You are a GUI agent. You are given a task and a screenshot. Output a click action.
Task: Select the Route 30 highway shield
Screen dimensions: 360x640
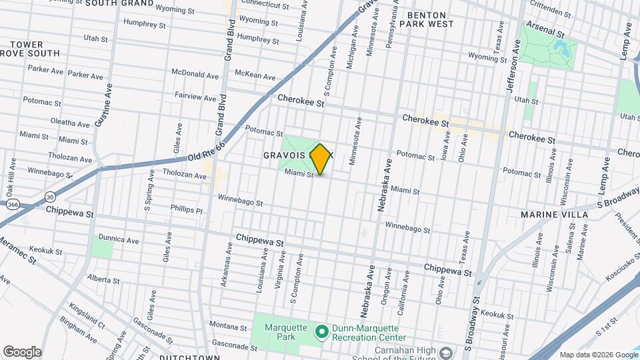pyautogui.click(x=51, y=196)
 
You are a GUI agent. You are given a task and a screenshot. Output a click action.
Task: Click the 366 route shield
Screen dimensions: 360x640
pyautogui.click(x=13, y=208)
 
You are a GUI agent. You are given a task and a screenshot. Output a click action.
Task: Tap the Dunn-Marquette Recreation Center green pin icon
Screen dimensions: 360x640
pyautogui.click(x=321, y=331)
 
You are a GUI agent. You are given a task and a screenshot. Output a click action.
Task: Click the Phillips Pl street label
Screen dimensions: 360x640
pyautogui.click(x=185, y=209)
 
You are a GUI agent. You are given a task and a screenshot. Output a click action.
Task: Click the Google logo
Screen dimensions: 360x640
pyautogui.click(x=22, y=351)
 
